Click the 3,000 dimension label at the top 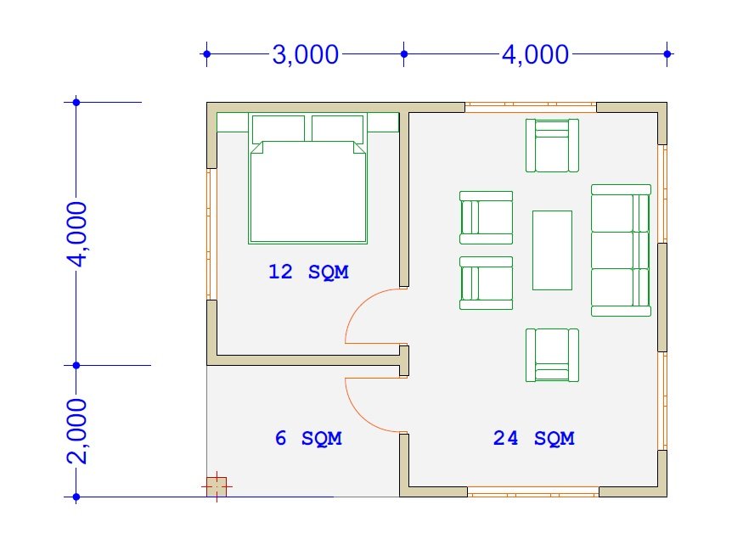tap(306, 54)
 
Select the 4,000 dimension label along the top tap(536, 54)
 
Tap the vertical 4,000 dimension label tap(76, 234)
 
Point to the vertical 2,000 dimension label tap(76, 430)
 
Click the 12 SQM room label tap(308, 272)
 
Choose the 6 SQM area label tap(308, 438)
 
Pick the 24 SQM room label tap(534, 438)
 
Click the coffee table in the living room tap(552, 250)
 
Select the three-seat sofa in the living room tap(621, 250)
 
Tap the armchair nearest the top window tap(552, 145)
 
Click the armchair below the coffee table tap(552, 355)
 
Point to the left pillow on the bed tap(279, 129)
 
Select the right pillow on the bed tap(338, 129)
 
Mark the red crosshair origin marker tap(217, 486)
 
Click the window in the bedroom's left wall tap(211, 234)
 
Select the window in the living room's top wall tap(531, 108)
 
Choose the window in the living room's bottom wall tap(533, 491)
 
